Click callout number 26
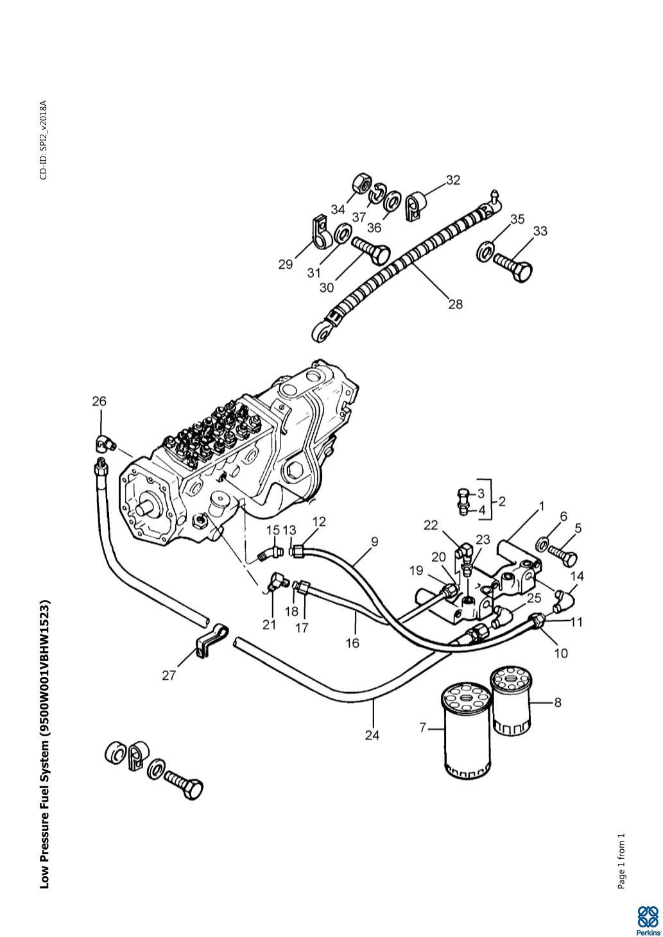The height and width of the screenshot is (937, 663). [99, 401]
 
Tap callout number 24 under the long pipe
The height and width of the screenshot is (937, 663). [372, 735]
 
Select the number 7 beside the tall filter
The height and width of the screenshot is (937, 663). [422, 728]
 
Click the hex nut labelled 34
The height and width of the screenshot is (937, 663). [361, 184]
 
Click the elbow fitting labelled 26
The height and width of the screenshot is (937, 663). [105, 443]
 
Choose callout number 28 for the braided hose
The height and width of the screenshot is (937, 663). [456, 304]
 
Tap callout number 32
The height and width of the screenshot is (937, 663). [453, 180]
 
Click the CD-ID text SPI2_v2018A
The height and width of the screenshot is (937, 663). [44, 140]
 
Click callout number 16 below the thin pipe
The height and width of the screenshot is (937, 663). [352, 643]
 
